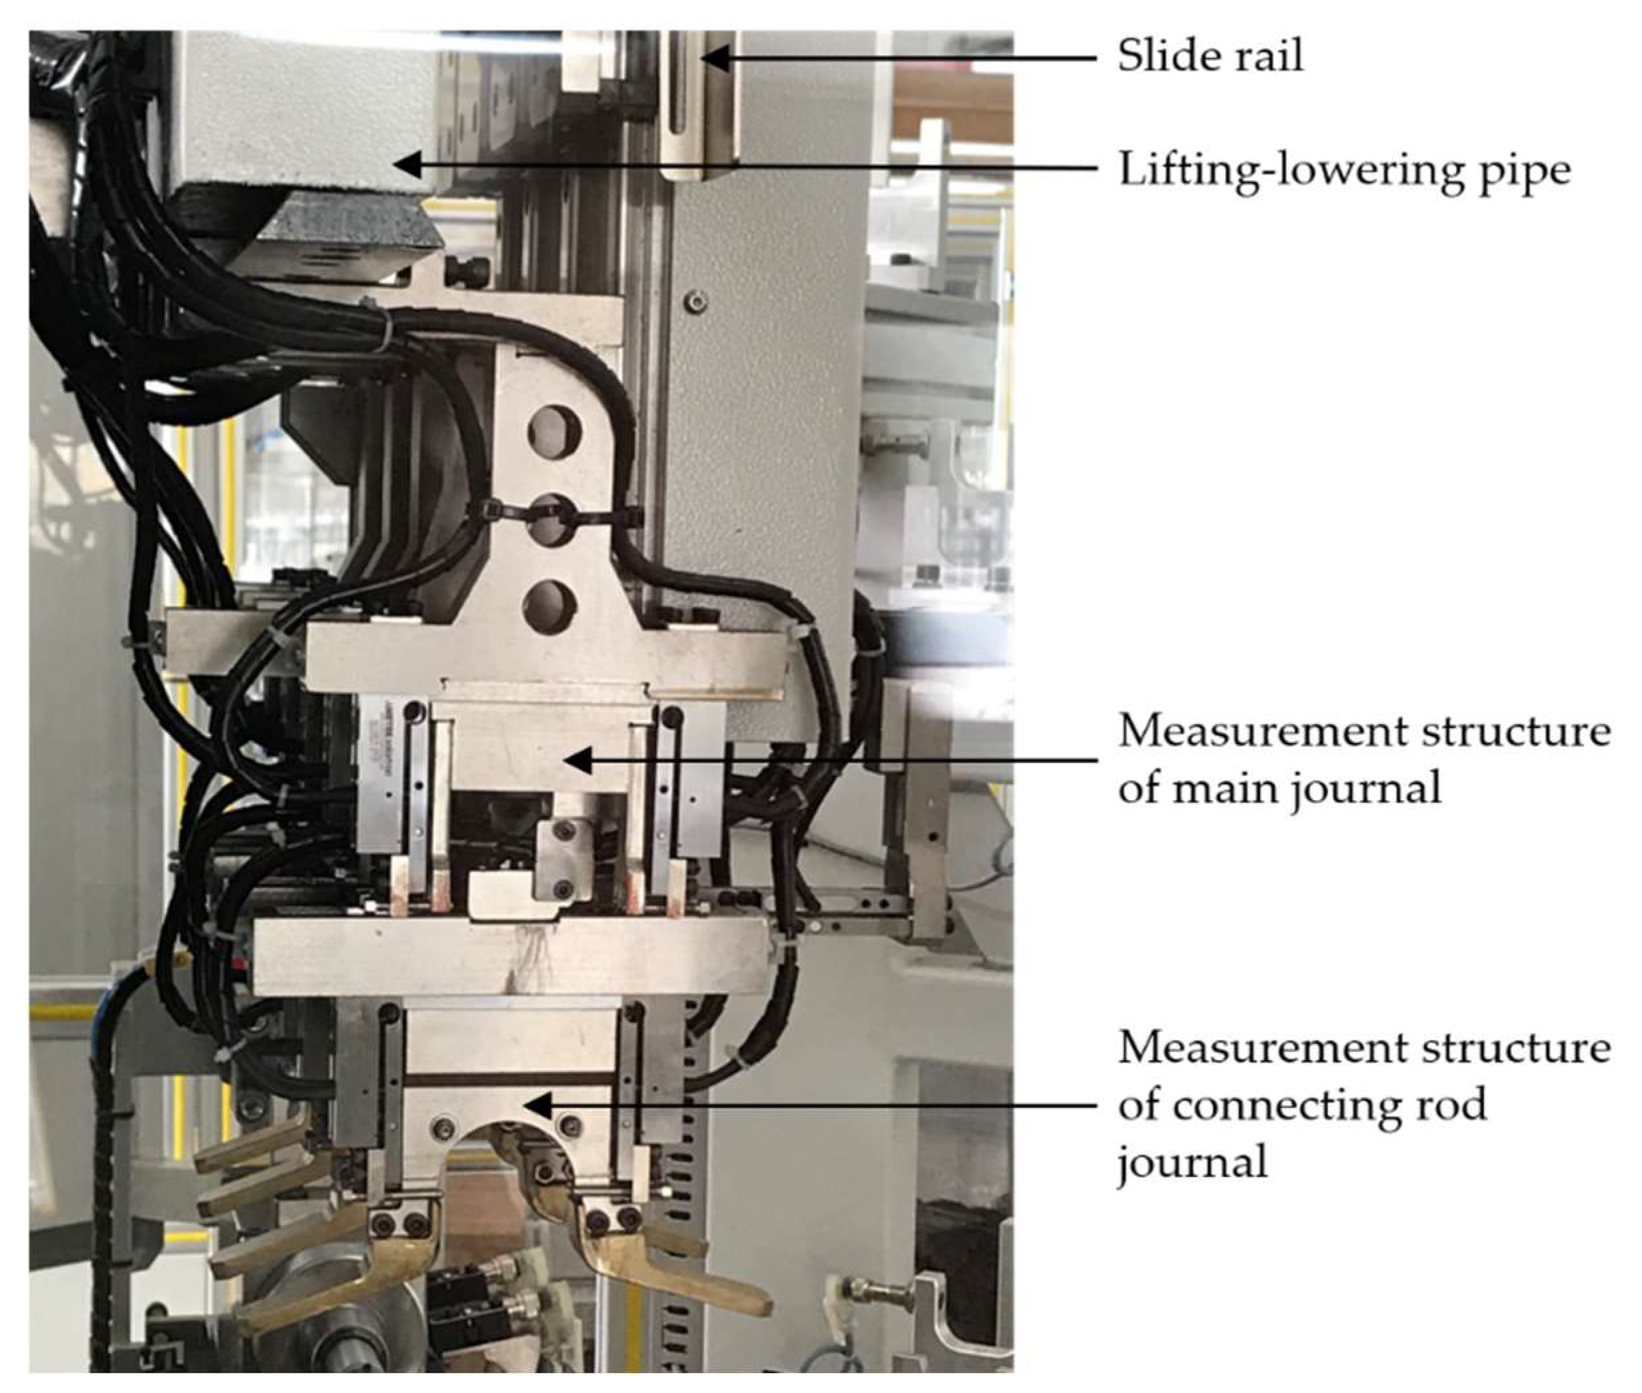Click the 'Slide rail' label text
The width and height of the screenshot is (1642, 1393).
coord(1210,56)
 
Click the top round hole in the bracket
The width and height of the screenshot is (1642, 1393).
coord(554,434)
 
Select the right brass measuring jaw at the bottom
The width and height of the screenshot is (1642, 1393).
coord(663,1271)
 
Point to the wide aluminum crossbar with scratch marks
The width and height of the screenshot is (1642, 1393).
coord(509,955)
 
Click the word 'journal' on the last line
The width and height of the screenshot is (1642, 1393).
coord(1192,1162)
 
